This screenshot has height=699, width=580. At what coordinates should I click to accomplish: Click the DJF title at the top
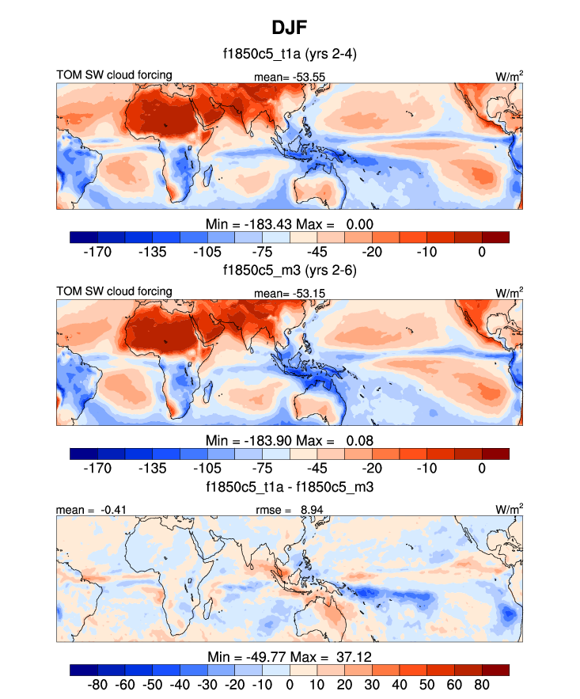[x=289, y=28]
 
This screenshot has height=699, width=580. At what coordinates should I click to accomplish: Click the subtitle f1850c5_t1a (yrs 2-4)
[x=289, y=55]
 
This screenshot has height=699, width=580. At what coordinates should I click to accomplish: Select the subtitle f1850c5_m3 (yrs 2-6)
[x=289, y=271]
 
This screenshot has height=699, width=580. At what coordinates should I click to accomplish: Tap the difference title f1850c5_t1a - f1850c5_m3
[x=289, y=487]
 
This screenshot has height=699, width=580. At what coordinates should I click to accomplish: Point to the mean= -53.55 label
[x=290, y=77]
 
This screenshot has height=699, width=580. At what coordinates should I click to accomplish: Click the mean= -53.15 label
[x=290, y=294]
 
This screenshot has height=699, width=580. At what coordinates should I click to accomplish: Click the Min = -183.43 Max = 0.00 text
[x=289, y=224]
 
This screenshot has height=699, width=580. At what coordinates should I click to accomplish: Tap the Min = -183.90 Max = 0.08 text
[x=289, y=440]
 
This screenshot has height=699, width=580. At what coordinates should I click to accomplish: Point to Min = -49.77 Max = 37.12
[x=289, y=656]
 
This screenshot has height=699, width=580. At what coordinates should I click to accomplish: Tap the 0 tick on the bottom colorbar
[x=290, y=684]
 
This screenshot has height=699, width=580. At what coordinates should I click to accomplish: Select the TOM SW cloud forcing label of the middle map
[x=114, y=291]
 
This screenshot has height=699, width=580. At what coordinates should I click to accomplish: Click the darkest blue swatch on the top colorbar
[x=83, y=237]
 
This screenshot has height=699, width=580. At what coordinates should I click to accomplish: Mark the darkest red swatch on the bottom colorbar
[x=495, y=669]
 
